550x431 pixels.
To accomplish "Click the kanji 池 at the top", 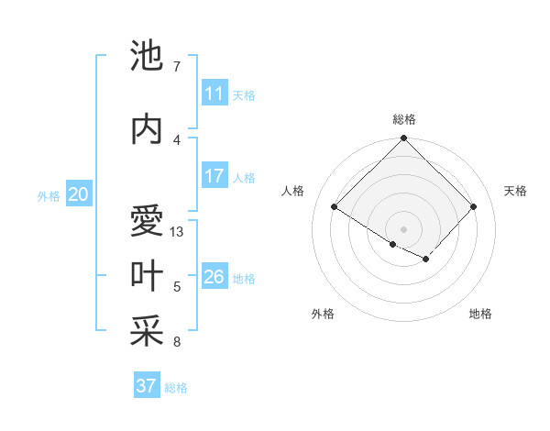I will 148,58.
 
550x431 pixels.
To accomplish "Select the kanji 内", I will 148,130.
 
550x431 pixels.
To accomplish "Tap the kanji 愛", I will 148,223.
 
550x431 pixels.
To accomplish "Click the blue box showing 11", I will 214,94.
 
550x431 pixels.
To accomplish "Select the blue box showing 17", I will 214,176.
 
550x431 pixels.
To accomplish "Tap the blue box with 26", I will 214,277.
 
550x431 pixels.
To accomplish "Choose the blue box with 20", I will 79,194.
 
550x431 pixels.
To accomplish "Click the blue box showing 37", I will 147,386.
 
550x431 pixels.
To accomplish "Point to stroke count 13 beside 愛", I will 178,232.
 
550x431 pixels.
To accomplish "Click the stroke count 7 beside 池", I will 177,67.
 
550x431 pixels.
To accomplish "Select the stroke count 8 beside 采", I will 177,342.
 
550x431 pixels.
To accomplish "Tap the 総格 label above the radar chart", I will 404,119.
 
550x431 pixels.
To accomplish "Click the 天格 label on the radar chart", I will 515,191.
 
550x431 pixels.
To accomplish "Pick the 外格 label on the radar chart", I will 323,314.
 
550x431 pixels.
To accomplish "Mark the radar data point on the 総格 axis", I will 403,139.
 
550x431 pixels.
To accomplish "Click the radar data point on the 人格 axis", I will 335,207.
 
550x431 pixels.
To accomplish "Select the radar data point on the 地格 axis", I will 426,260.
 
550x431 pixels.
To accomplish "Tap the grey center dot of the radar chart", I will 403,228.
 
